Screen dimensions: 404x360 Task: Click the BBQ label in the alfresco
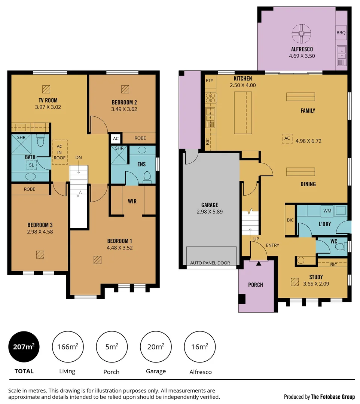pos(341,33)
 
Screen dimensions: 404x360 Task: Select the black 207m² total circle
pos(24,347)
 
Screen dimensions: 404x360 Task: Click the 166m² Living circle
pos(67,347)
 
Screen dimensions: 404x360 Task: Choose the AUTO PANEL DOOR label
pos(210,263)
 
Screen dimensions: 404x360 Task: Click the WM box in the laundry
pos(327,211)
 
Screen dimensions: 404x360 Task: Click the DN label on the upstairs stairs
pos(79,157)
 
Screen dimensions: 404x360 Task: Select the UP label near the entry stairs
pos(256,238)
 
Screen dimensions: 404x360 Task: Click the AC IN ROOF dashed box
pos(60,152)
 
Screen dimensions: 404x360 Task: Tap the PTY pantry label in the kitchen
pos(209,80)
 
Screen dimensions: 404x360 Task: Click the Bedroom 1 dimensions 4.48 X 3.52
pos(119,247)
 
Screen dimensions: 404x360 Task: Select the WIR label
pos(132,201)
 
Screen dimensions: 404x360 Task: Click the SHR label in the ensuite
pos(119,148)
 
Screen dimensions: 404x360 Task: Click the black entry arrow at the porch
pos(258,264)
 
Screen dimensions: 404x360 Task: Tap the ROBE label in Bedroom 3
pos(30,189)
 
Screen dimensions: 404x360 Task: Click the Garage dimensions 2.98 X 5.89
pos(210,212)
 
